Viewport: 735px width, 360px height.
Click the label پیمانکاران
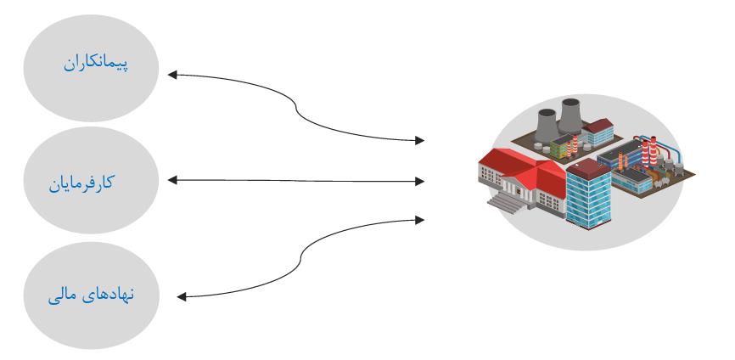click(96, 63)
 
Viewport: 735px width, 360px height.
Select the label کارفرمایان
click(81, 183)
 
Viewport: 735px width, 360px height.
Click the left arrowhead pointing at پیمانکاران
click(172, 75)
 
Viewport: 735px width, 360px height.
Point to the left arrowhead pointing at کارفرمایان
click(172, 180)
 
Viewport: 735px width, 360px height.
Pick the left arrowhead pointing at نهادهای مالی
click(182, 296)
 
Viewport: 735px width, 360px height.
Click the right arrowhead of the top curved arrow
click(419, 140)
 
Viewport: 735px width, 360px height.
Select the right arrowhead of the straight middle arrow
click(419, 182)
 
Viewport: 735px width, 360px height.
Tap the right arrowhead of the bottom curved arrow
click(419, 220)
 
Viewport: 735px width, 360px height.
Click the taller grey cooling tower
click(570, 115)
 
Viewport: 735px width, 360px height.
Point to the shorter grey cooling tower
click(547, 125)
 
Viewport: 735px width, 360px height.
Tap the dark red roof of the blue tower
click(589, 168)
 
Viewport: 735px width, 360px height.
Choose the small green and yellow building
click(561, 146)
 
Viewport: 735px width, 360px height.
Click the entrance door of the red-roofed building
click(517, 190)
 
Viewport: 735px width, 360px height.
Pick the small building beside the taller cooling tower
click(598, 132)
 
